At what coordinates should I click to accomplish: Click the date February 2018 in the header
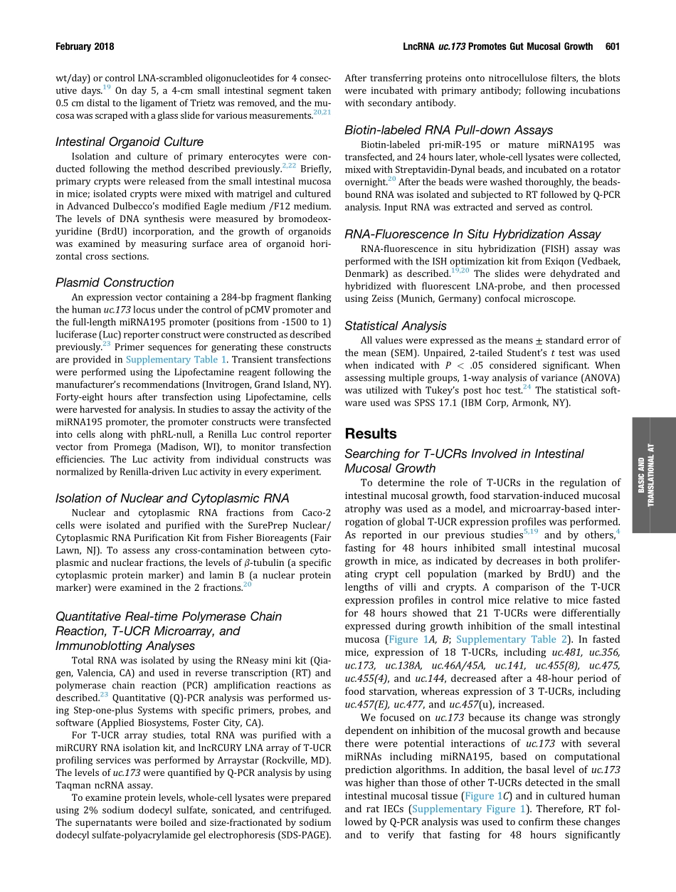(85, 46)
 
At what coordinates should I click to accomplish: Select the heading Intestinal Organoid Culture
(130, 142)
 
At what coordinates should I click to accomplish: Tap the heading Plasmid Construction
(115, 283)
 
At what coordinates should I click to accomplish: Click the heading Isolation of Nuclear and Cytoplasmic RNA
(172, 498)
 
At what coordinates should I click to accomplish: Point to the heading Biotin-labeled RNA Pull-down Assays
(448, 130)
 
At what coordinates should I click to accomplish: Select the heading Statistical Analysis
(396, 325)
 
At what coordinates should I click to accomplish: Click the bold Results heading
(371, 434)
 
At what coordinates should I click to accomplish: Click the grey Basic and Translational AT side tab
(653, 475)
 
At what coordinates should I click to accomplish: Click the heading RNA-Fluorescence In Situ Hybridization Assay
(472, 234)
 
